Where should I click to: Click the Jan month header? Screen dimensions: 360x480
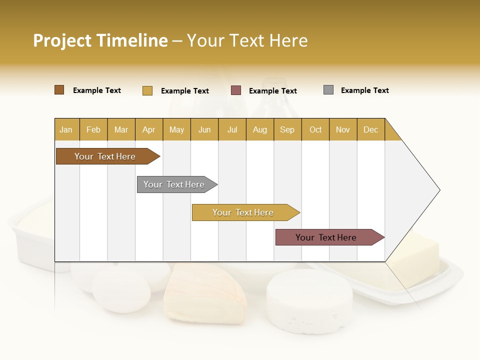[66, 129]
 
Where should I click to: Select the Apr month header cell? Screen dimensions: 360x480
[149, 129]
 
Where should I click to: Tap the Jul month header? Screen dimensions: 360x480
[232, 129]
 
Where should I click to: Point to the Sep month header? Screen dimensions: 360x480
[287, 129]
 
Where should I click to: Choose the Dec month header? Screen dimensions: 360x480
[370, 129]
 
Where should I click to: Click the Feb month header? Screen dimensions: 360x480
[93, 129]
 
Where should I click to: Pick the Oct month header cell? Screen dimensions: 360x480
[315, 129]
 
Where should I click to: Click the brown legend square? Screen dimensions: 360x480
[59, 90]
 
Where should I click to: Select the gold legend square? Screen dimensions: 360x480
[147, 90]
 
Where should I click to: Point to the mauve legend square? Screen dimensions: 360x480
[236, 90]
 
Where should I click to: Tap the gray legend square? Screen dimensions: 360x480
[328, 90]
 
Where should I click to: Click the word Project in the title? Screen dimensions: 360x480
[61, 40]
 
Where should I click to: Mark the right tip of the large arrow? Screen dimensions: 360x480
[439, 190]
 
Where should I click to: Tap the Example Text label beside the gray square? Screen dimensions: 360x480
[364, 90]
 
